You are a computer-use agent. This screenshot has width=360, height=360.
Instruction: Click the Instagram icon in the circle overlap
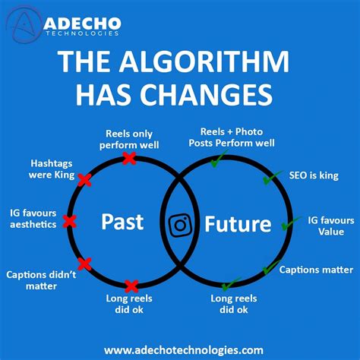click(x=180, y=225)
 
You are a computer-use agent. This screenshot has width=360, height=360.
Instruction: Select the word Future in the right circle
click(x=238, y=224)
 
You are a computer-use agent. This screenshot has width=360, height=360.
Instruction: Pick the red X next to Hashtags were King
click(x=84, y=180)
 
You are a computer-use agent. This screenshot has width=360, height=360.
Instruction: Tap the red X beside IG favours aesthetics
click(x=70, y=221)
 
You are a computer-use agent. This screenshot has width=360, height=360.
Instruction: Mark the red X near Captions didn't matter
click(x=84, y=264)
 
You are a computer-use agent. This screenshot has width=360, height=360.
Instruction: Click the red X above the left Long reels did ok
click(x=131, y=286)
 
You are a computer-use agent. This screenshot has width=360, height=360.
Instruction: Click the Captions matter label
click(x=315, y=270)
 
